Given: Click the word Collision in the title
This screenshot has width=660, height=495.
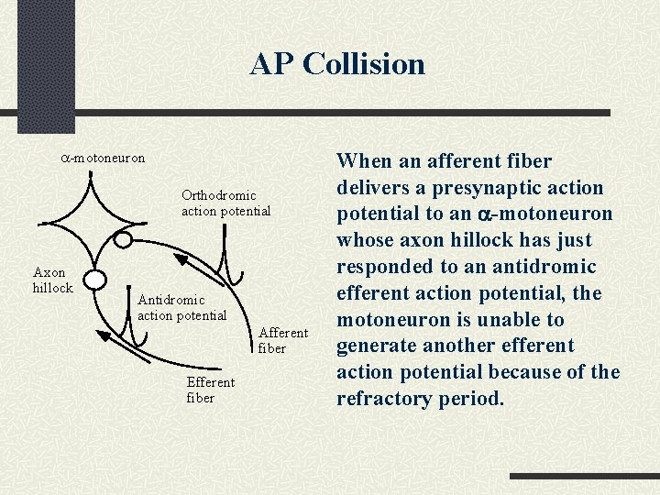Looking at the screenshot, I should tap(364, 64).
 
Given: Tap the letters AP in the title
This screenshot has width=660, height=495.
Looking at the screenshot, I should tap(271, 64).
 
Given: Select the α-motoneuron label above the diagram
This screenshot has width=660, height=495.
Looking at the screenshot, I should tap(102, 158).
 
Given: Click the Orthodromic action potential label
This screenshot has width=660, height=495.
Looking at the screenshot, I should tap(225, 203).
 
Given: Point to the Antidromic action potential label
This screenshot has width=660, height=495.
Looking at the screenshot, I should tap(181, 307).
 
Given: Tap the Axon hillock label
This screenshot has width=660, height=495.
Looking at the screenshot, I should tap(52, 280).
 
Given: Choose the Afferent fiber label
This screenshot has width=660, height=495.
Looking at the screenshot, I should tap(283, 340).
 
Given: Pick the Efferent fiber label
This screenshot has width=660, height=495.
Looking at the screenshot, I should tap(210, 390).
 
